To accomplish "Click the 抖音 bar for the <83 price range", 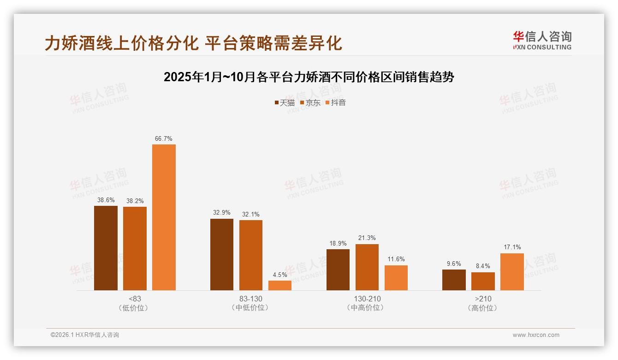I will tap(164, 217).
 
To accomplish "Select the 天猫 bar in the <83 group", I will tap(106, 248).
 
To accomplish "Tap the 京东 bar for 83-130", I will tap(251, 255).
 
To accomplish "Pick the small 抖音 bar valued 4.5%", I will tap(280, 285).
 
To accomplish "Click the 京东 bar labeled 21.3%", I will tap(367, 267).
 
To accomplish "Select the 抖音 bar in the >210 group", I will tap(512, 271).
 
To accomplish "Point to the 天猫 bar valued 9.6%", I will tap(454, 280).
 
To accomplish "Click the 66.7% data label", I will tap(164, 138).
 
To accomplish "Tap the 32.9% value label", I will tap(222, 213).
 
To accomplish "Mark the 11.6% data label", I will tap(396, 259).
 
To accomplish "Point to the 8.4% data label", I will tap(483, 266).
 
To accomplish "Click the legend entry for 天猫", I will tap(285, 103).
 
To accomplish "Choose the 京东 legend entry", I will tap(310, 103).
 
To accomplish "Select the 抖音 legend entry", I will tap(336, 103).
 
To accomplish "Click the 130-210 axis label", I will tap(367, 299).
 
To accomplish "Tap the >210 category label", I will tap(483, 299).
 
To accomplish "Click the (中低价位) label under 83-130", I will tap(251, 308).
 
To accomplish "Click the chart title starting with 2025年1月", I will tap(309, 77).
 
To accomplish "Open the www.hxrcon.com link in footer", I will tap(536, 335).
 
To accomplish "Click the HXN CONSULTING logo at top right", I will tap(542, 40).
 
